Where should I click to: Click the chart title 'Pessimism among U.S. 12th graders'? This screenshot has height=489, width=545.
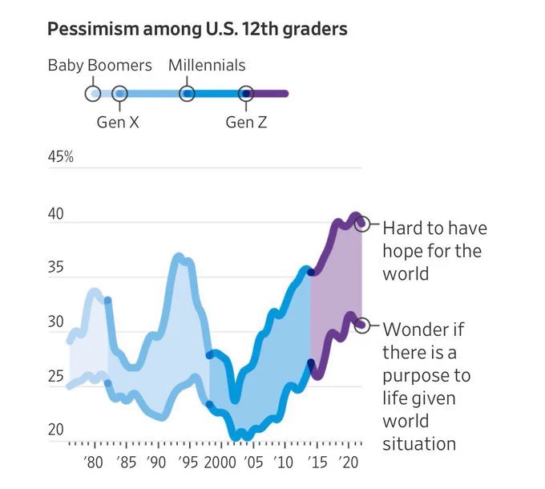(x=197, y=29)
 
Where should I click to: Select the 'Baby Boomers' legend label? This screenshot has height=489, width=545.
(x=99, y=66)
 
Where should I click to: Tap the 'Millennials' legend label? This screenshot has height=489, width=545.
(x=207, y=66)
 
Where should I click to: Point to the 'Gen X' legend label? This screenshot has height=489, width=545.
(x=118, y=123)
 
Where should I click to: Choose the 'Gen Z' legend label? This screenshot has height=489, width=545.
(x=246, y=123)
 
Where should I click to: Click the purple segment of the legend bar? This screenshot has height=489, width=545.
(x=268, y=94)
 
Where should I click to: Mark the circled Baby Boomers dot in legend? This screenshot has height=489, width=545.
(x=93, y=94)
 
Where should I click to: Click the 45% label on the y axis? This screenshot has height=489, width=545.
(x=60, y=157)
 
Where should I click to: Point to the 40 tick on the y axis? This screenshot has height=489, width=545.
(x=55, y=214)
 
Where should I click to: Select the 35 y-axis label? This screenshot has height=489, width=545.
(x=55, y=267)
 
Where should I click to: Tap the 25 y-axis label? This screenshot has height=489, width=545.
(x=55, y=376)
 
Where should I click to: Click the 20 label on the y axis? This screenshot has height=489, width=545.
(x=55, y=430)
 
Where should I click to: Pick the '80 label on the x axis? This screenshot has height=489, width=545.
(x=93, y=463)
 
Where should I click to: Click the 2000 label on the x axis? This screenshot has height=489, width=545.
(x=220, y=463)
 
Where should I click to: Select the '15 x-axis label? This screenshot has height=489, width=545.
(x=317, y=463)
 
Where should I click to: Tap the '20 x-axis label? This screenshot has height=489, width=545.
(x=348, y=463)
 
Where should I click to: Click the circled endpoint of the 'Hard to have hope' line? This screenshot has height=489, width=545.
(x=361, y=224)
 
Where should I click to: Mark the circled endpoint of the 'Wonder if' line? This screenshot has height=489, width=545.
(x=361, y=325)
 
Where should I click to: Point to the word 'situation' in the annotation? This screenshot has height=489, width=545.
(x=419, y=444)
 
